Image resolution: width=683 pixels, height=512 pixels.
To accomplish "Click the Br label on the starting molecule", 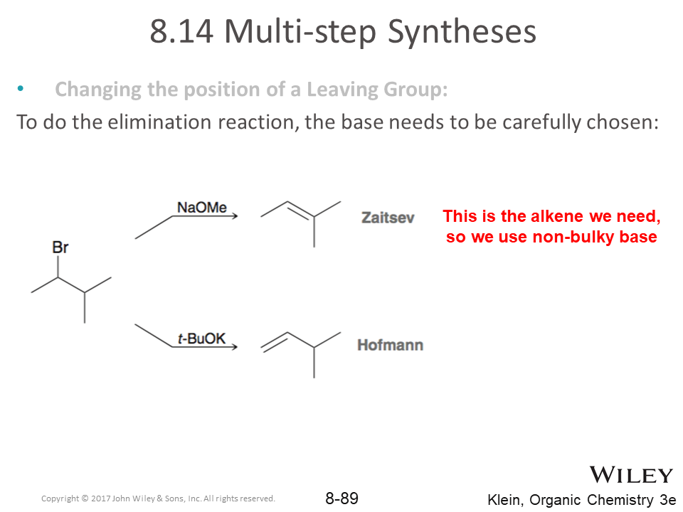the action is tap(60, 247).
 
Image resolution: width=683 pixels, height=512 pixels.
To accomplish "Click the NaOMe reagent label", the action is tap(201, 207).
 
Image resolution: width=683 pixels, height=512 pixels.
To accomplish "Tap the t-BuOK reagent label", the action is tap(201, 338).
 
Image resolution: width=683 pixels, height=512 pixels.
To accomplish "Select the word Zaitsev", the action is tap(388, 218).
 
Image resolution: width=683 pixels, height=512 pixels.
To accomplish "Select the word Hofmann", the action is tap(391, 345).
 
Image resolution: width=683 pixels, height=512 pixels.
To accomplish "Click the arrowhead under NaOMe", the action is tap(235, 216).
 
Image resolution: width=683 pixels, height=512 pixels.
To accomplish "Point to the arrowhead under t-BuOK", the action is tap(235, 347).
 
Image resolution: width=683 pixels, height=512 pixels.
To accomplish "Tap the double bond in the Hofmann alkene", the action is tap(275, 342).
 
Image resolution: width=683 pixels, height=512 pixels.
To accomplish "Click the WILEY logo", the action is tap(631, 475).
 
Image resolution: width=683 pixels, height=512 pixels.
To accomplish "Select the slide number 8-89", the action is tap(342, 498).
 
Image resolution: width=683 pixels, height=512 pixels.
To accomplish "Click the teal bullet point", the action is tap(21, 88).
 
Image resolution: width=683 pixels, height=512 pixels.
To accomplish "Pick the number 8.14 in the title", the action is tap(181, 31).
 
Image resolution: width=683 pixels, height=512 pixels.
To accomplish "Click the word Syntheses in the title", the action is tap(462, 32).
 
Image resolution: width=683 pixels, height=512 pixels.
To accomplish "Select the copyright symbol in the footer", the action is tap(85, 498).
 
